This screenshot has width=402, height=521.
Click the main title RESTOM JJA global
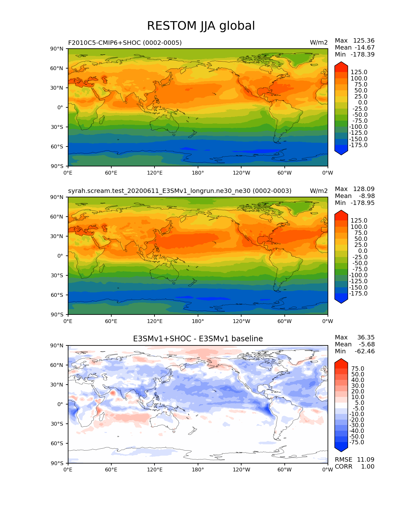pos(201,26)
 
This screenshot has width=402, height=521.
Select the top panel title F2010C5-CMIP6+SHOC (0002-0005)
pos(125,43)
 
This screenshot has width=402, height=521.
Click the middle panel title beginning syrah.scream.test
pos(180,191)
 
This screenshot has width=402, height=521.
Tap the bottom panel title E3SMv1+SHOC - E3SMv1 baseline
pos(198,339)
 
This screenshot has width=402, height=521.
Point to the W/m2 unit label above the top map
pos(319,43)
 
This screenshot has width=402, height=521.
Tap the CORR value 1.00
pos(368,467)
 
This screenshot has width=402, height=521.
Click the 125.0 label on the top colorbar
pos(359,72)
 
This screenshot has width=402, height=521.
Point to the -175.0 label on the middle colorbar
pos(358,294)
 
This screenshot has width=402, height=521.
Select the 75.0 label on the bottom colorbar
pos(358,369)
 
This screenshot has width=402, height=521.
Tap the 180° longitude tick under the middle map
pos(198,321)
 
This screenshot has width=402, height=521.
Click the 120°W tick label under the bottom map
pos(241,470)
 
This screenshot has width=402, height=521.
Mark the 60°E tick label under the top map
pos(111,173)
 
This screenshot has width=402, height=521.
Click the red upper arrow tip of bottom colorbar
pos(341,361)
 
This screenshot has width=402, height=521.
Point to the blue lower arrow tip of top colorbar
pos(341,152)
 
